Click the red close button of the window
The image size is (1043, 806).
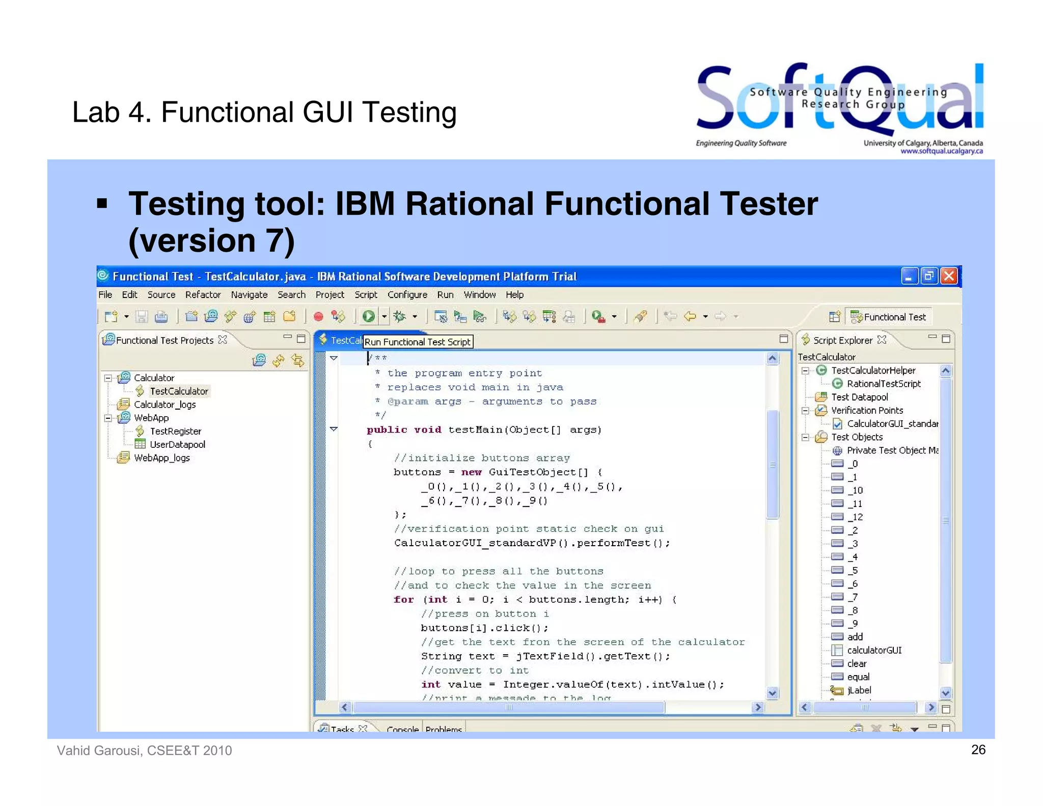click(x=949, y=276)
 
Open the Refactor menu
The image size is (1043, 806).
click(x=203, y=294)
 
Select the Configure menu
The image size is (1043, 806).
click(x=407, y=294)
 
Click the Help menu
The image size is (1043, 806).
click(x=514, y=294)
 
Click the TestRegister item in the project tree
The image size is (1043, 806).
click(x=175, y=431)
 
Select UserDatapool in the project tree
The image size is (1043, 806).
click(x=177, y=444)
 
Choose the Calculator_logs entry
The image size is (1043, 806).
click(x=164, y=405)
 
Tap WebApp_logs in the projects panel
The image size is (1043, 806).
click(x=161, y=458)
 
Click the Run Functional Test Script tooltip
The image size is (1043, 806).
click(x=418, y=342)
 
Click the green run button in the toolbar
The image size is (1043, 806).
click(x=369, y=316)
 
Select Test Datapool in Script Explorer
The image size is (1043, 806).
click(x=859, y=397)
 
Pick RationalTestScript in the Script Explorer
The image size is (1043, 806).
click(x=883, y=384)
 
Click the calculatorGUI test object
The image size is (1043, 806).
click(x=874, y=650)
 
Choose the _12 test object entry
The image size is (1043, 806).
click(x=855, y=517)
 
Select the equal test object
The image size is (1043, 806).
click(x=858, y=677)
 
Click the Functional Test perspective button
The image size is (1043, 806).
click(x=889, y=317)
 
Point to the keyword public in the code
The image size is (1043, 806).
click(x=387, y=429)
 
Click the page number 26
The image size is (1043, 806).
click(x=978, y=749)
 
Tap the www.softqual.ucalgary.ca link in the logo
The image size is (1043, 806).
click(x=941, y=151)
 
